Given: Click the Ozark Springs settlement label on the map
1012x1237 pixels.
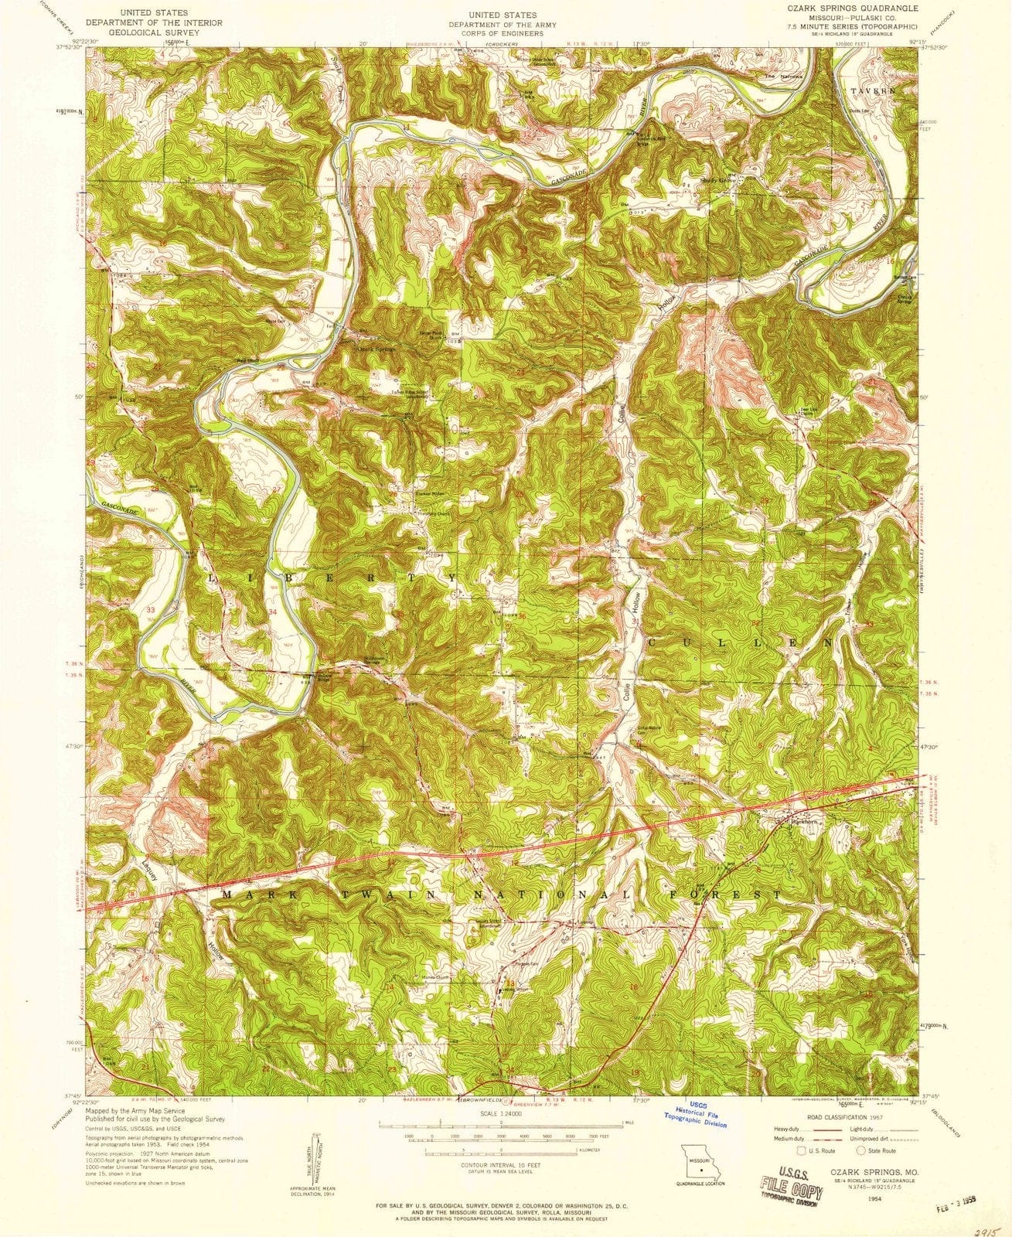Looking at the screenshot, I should point(376,349).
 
